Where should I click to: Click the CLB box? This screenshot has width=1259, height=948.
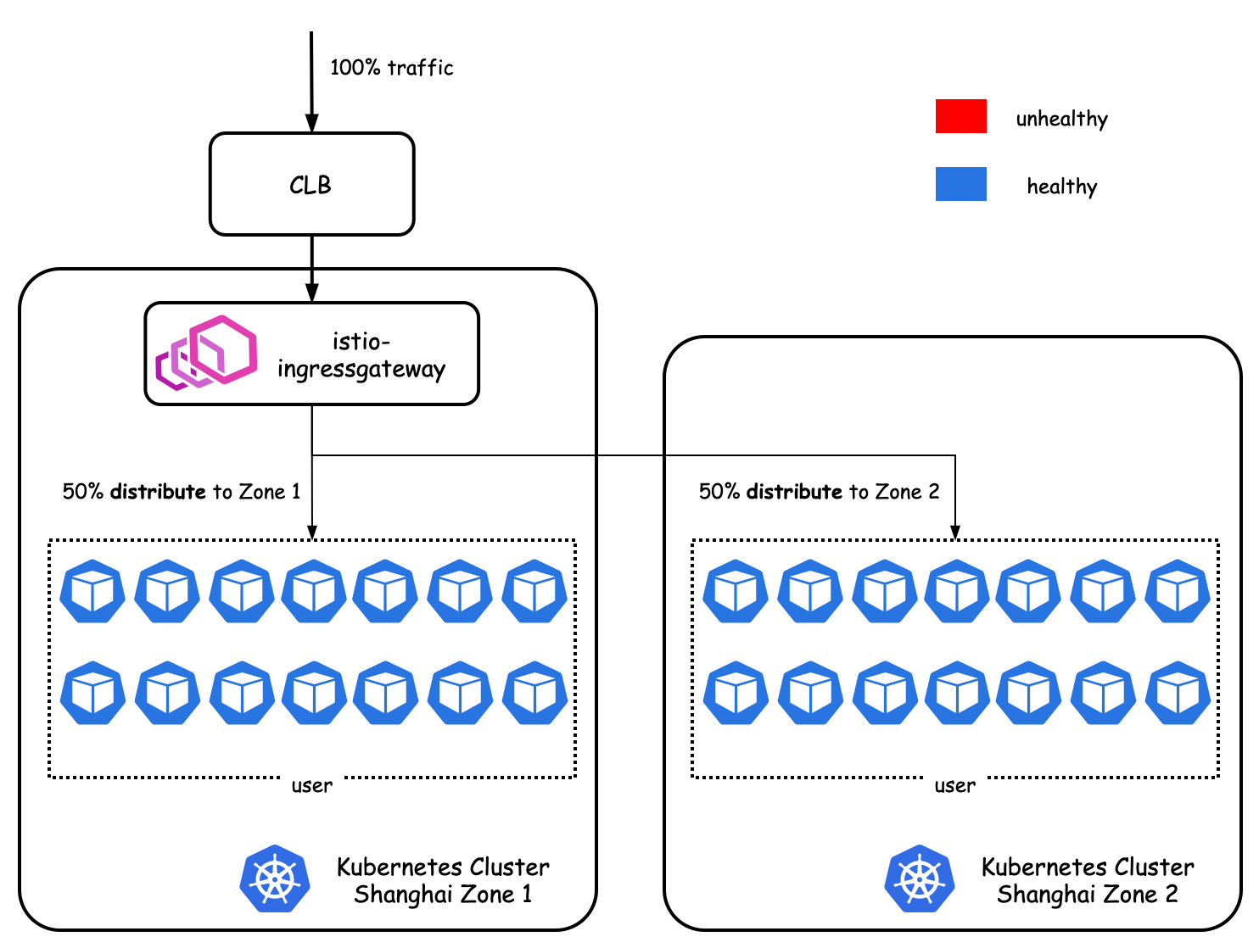coord(311,184)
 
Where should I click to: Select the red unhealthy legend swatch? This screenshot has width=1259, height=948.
coord(960,116)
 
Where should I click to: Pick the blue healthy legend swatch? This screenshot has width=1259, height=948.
coord(960,184)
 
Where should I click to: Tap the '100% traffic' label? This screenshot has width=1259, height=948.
coord(392,68)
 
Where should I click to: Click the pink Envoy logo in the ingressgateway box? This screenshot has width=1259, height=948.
coord(206,353)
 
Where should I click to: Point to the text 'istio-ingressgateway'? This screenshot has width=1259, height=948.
coord(361,355)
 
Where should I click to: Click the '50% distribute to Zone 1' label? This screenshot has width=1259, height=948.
coord(182,491)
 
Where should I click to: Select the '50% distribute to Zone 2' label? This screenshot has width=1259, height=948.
coord(819,491)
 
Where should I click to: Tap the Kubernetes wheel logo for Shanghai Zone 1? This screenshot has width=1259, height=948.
coord(275,878)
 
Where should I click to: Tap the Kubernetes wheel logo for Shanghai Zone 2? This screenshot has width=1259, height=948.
coord(920,878)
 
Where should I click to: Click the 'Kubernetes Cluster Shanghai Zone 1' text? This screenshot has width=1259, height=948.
coord(443,880)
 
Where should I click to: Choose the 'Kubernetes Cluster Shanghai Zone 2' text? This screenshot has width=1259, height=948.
coord(1088,880)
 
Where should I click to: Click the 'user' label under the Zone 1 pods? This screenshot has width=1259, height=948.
coord(311,785)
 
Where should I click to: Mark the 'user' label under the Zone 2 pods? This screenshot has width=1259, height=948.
coord(955,785)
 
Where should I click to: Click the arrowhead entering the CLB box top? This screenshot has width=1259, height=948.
coord(311,123)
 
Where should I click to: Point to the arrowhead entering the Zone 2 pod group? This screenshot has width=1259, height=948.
coord(955,531)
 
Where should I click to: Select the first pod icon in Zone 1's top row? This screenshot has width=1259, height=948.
coord(92,591)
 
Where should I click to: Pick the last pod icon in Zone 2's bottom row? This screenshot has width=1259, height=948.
coord(1178,693)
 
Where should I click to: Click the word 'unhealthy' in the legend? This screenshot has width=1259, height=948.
coord(1061,119)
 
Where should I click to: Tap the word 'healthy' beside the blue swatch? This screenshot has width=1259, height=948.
coord(1061,187)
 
